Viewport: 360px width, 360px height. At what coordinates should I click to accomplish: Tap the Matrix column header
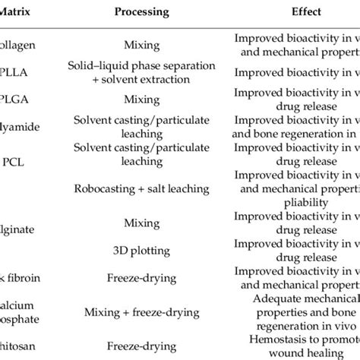coord(17,12)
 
